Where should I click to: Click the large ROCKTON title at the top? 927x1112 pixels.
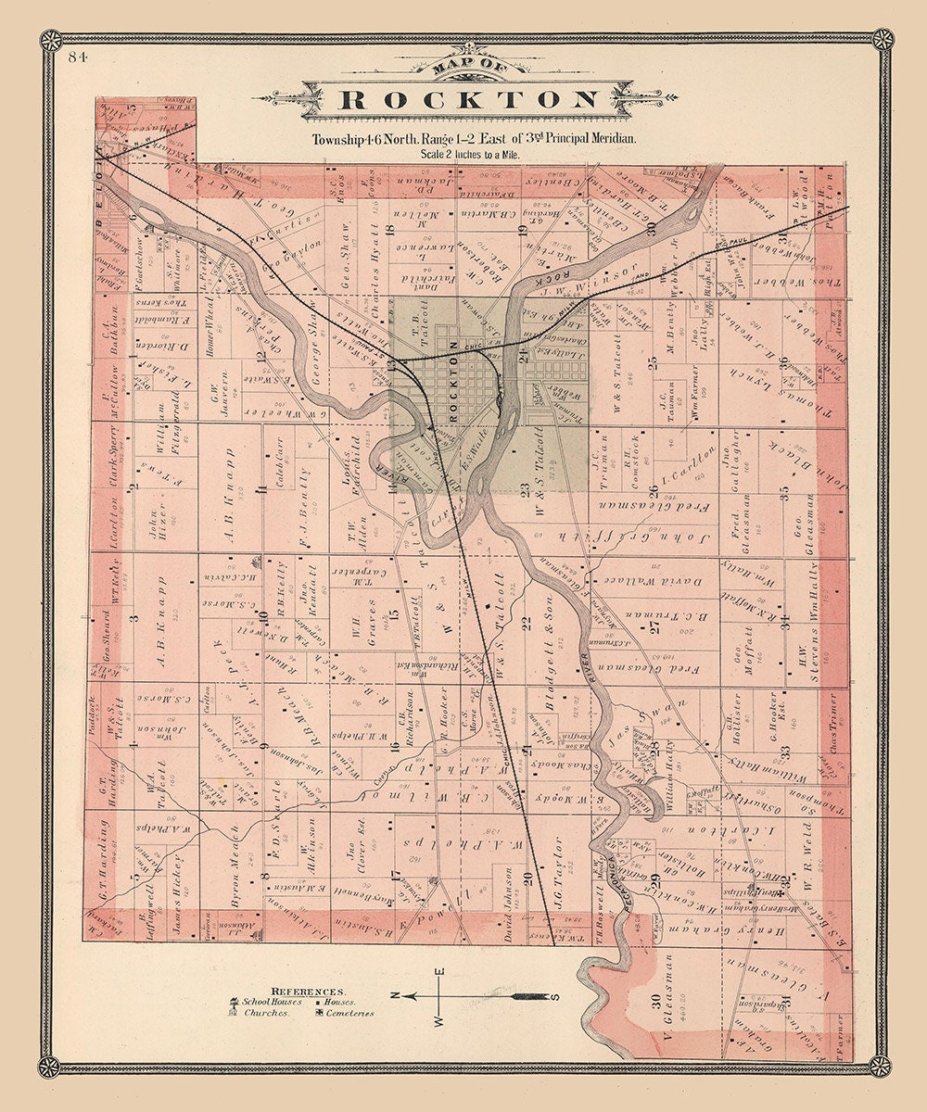click(469, 100)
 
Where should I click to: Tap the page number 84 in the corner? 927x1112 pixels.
click(77, 57)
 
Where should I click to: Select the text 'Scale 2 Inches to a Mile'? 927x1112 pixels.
click(470, 155)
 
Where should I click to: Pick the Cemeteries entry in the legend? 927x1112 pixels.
click(344, 1013)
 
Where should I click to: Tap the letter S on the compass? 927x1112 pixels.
click(555, 997)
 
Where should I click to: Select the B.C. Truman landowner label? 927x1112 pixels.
click(667, 615)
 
